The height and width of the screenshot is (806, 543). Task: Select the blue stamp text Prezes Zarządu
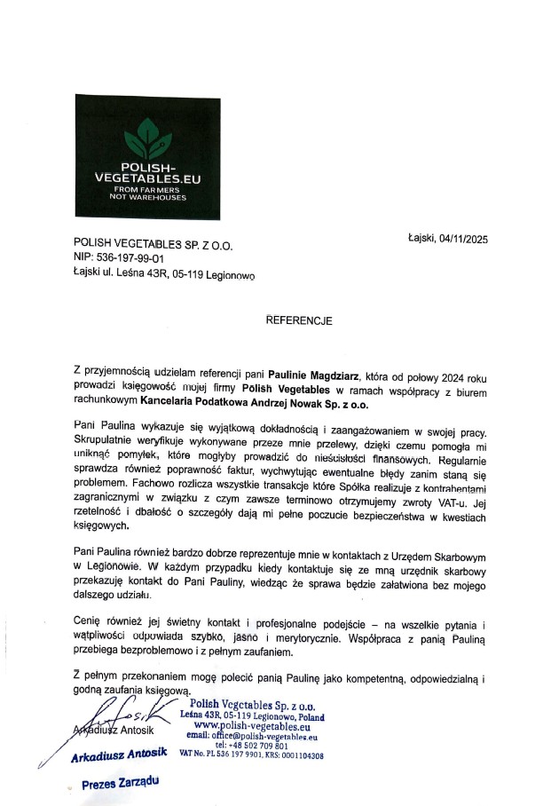coord(121,785)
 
